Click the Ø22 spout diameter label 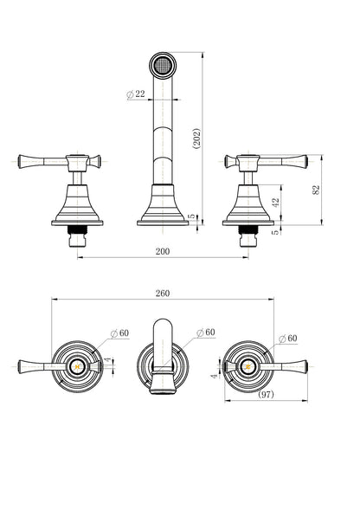[x=136, y=94]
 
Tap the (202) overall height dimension [x=196, y=139]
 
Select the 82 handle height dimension [x=316, y=190]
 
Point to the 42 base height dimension [x=275, y=203]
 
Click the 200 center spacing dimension [x=163, y=251]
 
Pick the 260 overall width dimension [x=163, y=294]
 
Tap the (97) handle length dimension [x=266, y=395]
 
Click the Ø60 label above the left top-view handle [x=119, y=333]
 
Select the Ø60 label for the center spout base [x=206, y=332]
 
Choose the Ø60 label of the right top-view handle [x=288, y=339]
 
